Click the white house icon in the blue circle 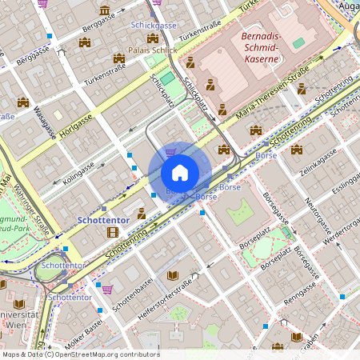point(180,173)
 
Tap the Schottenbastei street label point(131,295)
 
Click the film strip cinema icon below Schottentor point(112,232)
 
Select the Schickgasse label point(154,25)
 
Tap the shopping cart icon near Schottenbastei point(108,289)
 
